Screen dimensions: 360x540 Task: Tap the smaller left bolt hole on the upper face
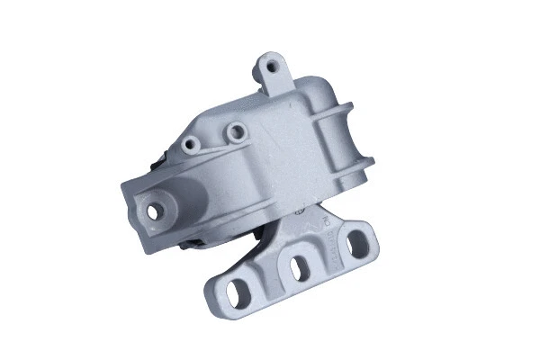(x=189, y=144)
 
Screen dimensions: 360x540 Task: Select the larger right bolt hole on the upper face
(x=237, y=132)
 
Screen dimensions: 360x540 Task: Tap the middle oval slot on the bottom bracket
(x=298, y=267)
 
